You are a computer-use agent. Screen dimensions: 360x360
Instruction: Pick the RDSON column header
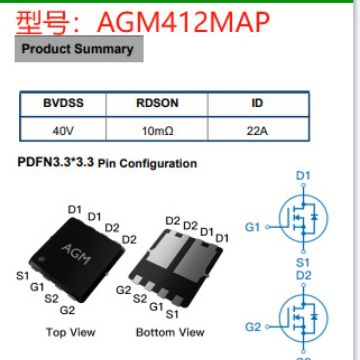[x=154, y=103]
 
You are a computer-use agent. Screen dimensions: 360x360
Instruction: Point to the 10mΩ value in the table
[x=154, y=130]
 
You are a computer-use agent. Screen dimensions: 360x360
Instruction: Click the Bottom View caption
[x=171, y=332]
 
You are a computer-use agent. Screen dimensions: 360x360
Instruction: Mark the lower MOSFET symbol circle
[x=304, y=322]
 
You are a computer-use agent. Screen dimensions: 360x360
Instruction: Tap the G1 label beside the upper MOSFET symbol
[x=252, y=227]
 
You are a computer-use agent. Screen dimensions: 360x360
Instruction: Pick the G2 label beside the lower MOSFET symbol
[x=252, y=327]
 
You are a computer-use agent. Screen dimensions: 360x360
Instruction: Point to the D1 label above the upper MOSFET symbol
[x=305, y=177]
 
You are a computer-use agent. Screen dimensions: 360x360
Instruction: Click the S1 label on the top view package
[x=22, y=275]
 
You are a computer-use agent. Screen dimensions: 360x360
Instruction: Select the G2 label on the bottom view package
[x=123, y=290]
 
